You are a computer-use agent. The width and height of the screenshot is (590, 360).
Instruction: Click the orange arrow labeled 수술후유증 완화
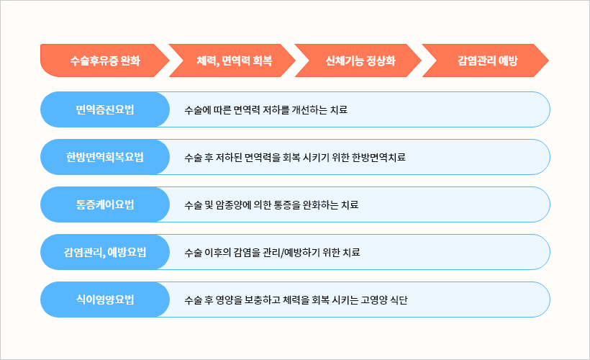(104, 60)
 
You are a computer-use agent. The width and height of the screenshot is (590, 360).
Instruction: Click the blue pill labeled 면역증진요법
(105, 109)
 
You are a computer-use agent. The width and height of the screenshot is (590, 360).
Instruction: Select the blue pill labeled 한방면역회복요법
(105, 157)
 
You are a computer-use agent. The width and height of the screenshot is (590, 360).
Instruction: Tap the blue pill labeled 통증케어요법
(105, 204)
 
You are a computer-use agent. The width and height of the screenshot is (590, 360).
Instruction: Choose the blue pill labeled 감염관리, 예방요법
(105, 252)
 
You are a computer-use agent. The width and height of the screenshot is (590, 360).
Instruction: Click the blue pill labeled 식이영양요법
(105, 300)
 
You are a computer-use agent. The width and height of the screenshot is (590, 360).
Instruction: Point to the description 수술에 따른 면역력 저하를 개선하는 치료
(265, 110)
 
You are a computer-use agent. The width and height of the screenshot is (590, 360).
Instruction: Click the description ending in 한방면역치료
(295, 158)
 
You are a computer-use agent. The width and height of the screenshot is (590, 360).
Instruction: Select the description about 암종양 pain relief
(271, 205)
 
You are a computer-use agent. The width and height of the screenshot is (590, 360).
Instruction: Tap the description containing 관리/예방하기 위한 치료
(272, 252)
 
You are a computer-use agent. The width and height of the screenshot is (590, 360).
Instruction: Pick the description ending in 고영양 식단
(296, 300)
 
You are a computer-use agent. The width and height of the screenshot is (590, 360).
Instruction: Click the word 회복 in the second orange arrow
(262, 60)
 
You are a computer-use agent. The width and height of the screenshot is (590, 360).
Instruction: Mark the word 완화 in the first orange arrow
(130, 60)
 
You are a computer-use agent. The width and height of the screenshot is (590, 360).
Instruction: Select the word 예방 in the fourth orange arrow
(508, 60)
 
